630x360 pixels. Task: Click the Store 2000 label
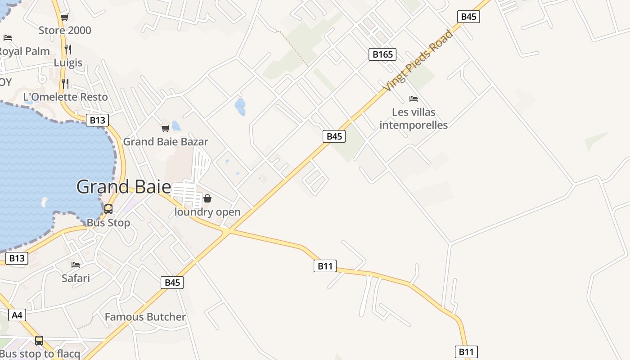click(x=65, y=30)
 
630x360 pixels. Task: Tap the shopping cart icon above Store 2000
click(x=64, y=18)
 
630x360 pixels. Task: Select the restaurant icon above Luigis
click(x=67, y=49)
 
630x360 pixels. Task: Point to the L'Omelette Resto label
click(x=66, y=97)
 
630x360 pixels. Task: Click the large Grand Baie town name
click(x=124, y=187)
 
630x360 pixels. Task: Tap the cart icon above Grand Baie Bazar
click(x=166, y=129)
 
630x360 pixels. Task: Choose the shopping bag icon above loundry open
click(x=207, y=198)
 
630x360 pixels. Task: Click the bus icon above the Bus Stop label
click(x=108, y=209)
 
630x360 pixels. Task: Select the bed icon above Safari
click(x=76, y=265)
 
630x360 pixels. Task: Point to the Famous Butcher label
click(x=145, y=317)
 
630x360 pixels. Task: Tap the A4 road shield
click(x=17, y=315)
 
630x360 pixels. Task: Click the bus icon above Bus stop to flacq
click(x=39, y=341)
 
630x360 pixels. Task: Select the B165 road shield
click(x=382, y=54)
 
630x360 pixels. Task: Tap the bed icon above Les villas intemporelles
click(x=414, y=99)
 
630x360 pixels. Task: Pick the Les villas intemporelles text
click(x=414, y=118)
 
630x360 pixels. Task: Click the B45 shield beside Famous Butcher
click(x=172, y=283)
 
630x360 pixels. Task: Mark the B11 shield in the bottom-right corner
click(x=466, y=352)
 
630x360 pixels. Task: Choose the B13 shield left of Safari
click(x=17, y=258)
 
